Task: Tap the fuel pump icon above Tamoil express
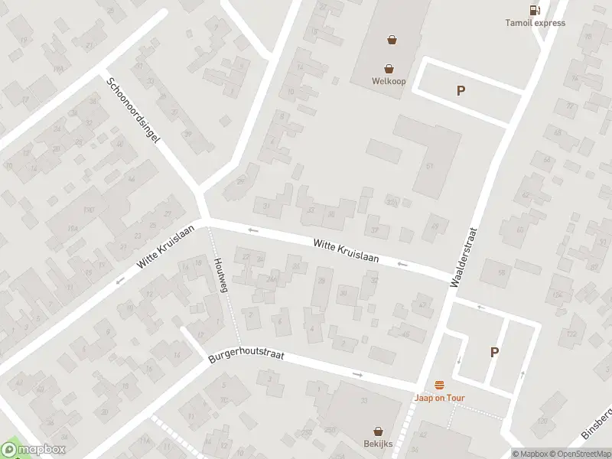coord(534,10)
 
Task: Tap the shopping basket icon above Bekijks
coord(378,431)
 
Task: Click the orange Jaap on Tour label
coord(439,398)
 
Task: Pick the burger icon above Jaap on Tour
coord(439,384)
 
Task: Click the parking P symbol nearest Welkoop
coord(461,90)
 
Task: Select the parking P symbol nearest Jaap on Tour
coord(494,352)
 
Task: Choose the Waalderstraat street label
coord(464,256)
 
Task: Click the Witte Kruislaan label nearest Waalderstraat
coord(346,250)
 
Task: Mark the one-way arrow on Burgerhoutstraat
coord(358,374)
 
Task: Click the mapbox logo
coord(34,449)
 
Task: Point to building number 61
coord(429,166)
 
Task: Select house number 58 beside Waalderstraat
coord(502,272)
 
